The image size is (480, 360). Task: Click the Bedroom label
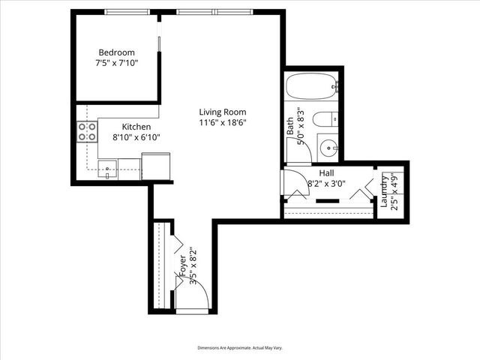pyautogui.click(x=116, y=52)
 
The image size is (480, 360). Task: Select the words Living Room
pyautogui.click(x=222, y=112)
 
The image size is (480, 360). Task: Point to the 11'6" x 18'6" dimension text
pyautogui.click(x=222, y=122)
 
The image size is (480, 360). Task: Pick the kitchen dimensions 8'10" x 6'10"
pyautogui.click(x=136, y=137)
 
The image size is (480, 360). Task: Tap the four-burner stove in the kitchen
pyautogui.click(x=87, y=133)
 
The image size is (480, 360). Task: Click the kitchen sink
pyautogui.click(x=109, y=169)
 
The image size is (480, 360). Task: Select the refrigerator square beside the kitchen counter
pyautogui.click(x=155, y=165)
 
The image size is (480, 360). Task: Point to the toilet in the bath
pyautogui.click(x=326, y=119)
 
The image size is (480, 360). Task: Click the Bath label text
pyautogui.click(x=291, y=125)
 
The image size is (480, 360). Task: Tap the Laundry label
pyautogui.click(x=384, y=191)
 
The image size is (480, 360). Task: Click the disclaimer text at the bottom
pyautogui.click(x=239, y=348)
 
